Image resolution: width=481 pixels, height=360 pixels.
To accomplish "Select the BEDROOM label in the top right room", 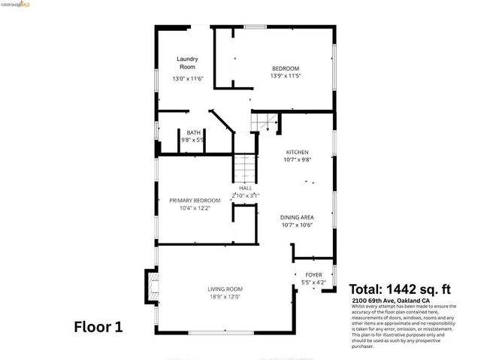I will click(285, 68).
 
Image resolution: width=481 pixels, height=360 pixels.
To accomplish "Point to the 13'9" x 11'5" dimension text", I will click(285, 76).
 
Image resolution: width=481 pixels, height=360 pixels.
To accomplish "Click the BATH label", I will click(193, 132).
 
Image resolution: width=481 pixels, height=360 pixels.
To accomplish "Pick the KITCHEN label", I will click(298, 152).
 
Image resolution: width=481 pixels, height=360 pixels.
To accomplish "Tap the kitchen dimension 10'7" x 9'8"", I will click(298, 159).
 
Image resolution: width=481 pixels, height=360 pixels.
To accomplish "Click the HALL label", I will click(245, 188).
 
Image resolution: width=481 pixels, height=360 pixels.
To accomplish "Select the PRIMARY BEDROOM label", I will click(195, 201).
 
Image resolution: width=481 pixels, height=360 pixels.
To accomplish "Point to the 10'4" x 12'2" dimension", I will click(195, 208).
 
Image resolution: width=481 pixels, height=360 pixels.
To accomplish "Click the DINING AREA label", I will click(297, 216).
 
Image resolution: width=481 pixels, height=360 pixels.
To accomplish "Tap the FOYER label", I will click(313, 275).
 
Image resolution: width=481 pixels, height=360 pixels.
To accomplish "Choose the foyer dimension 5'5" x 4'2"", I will click(313, 283).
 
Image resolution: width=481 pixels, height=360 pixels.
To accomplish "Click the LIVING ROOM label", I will click(225, 289).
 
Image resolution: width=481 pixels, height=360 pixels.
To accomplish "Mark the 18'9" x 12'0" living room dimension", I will click(225, 297).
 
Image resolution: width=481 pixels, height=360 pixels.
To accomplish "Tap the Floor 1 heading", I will click(98, 327).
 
